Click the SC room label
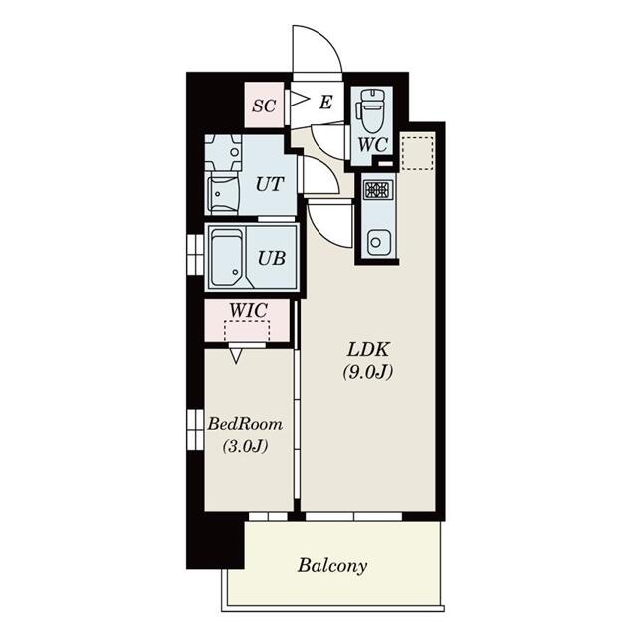[264, 106]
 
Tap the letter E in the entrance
[326, 102]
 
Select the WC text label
[373, 145]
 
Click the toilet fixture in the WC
[371, 109]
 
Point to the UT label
[270, 184]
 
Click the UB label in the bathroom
[272, 258]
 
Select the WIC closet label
[248, 310]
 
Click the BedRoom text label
[245, 424]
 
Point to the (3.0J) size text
[245, 447]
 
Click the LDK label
[368, 349]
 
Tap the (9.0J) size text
[368, 372]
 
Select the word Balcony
[332, 566]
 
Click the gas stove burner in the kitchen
[378, 190]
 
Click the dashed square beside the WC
[418, 153]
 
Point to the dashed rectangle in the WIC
[247, 330]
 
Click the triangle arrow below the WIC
[236, 356]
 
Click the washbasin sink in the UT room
[223, 152]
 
